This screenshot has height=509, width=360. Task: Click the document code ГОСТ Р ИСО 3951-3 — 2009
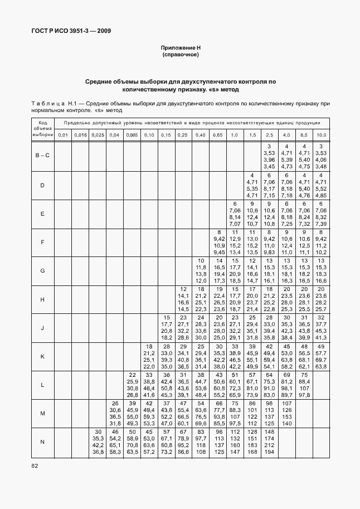[x=71, y=31]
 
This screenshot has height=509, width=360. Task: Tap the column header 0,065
[x=132, y=135]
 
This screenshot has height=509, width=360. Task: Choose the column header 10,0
[x=322, y=135]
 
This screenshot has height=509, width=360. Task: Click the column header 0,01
[x=63, y=135]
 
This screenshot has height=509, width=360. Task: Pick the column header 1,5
[x=252, y=135]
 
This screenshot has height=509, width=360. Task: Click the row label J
[x=42, y=328]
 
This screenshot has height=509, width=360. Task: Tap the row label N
[x=42, y=442]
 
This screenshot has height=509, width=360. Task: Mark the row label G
[x=42, y=270]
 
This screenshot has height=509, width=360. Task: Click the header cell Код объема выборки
[x=42, y=128]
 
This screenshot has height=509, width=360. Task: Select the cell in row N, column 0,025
[x=98, y=442]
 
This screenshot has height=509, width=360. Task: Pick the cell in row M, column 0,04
[x=115, y=413]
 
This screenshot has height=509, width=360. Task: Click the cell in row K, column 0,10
[x=149, y=356]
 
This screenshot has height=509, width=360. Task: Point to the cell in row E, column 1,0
[x=235, y=214]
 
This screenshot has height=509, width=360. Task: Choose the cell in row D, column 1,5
[x=252, y=185]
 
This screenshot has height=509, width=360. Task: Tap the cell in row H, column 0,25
[x=183, y=299]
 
